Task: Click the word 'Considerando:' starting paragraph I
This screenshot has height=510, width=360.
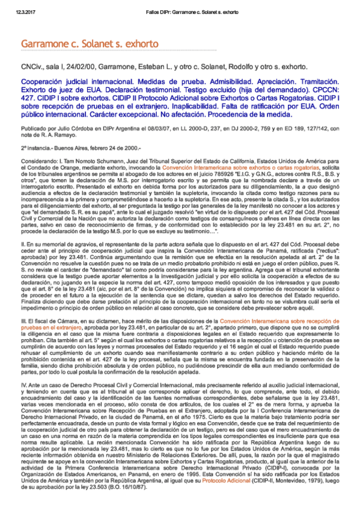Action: [37, 162]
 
